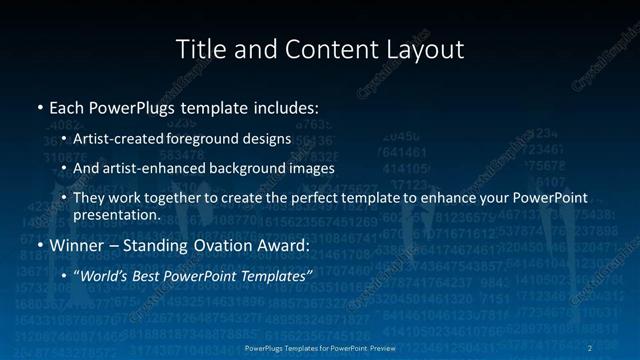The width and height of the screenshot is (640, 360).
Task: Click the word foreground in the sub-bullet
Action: coord(219,138)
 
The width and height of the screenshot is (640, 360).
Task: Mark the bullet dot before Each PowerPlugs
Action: coord(39,106)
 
